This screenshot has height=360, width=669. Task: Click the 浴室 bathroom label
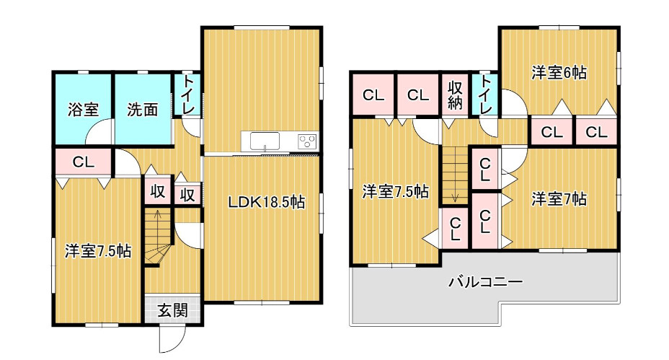[x=84, y=110]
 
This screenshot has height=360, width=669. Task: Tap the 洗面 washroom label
[x=143, y=110]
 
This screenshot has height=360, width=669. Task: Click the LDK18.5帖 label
[x=267, y=203]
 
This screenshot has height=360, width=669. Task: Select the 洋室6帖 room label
[x=559, y=72]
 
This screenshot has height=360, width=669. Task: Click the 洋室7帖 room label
[x=559, y=198]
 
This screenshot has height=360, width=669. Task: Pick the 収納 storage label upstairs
[x=455, y=95]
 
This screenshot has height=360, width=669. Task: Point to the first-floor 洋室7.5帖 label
[x=98, y=252]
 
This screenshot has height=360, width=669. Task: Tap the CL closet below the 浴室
[x=83, y=162]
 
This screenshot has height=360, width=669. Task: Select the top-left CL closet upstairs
[x=373, y=95]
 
